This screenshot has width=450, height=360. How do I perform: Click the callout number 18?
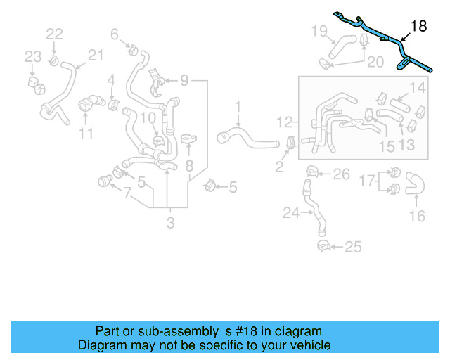(x=418, y=26)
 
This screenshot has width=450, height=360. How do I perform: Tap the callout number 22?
(x=54, y=34)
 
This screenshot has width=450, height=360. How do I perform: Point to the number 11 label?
(x=86, y=133)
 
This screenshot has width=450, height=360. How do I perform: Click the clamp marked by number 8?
(x=188, y=139)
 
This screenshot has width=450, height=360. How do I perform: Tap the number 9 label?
(x=184, y=82)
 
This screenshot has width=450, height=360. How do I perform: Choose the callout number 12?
(x=284, y=122)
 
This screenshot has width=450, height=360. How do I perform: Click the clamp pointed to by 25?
(x=323, y=246)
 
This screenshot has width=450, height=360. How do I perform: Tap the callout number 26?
(x=341, y=174)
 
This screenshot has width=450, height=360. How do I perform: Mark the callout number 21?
(x=96, y=55)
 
